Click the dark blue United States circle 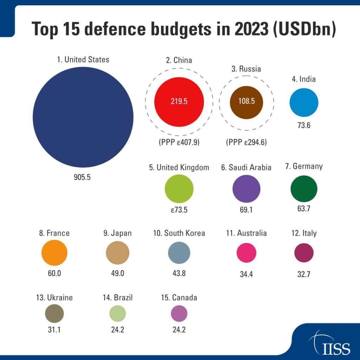(83, 117)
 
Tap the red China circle (179, 101)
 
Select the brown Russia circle (246, 101)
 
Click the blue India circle (304, 102)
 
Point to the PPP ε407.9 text (179, 143)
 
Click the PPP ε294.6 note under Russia (246, 143)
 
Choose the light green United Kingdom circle (179, 188)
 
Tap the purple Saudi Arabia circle (246, 188)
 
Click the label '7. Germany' (304, 166)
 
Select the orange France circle (54, 252)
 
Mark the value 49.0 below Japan (117, 273)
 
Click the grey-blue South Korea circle (179, 252)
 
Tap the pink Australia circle (246, 252)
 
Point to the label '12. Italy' (304, 233)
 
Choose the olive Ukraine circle (54, 313)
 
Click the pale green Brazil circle (117, 313)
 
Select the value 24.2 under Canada (179, 330)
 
